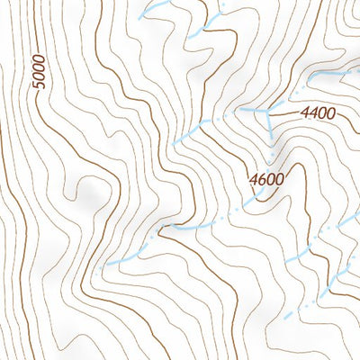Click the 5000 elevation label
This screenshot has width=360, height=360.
[x=37, y=73]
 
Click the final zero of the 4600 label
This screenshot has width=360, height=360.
[x=281, y=178]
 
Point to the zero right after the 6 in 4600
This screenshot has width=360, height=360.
[x=272, y=178]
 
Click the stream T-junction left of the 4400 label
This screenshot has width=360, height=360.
[x=267, y=109]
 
